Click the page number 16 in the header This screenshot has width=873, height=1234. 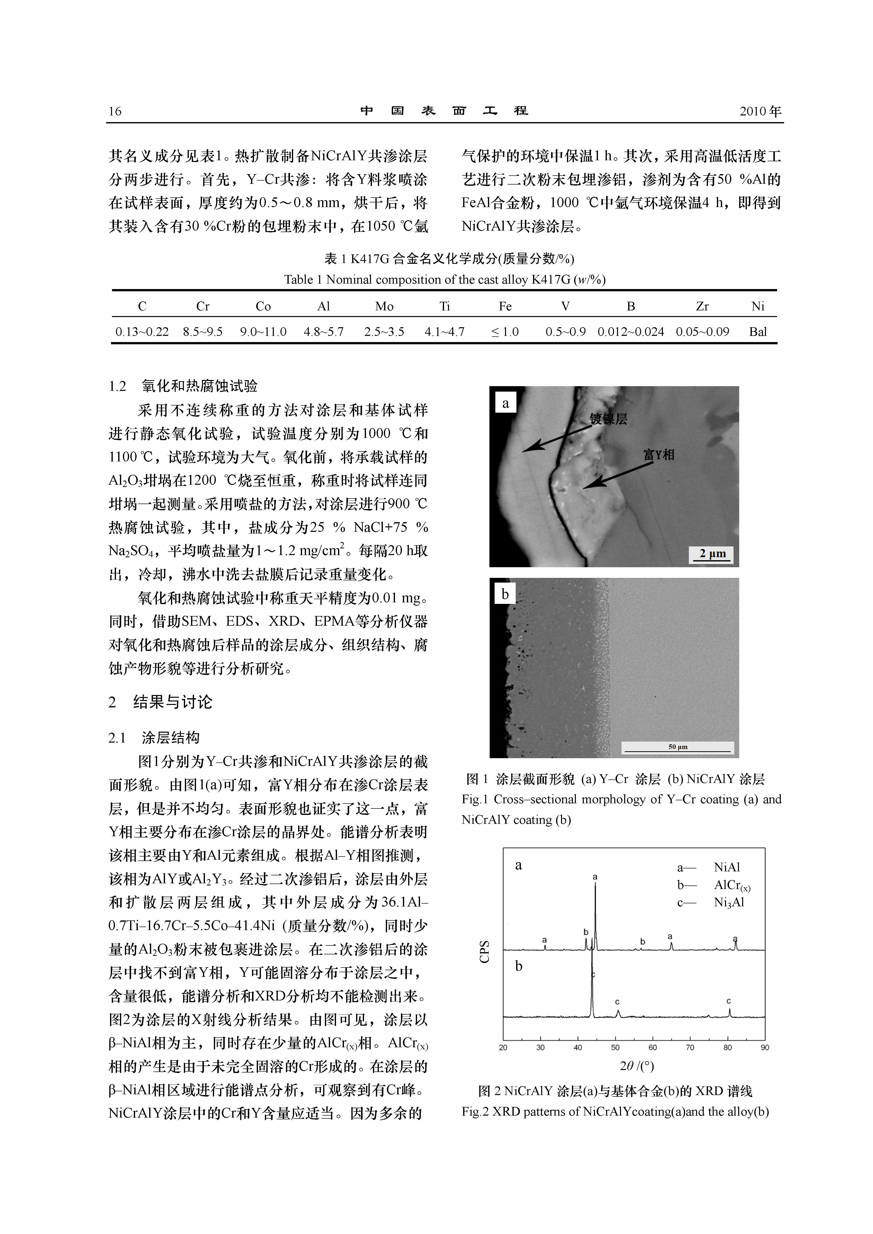(115, 112)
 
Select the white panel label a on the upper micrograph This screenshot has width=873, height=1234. (505, 403)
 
